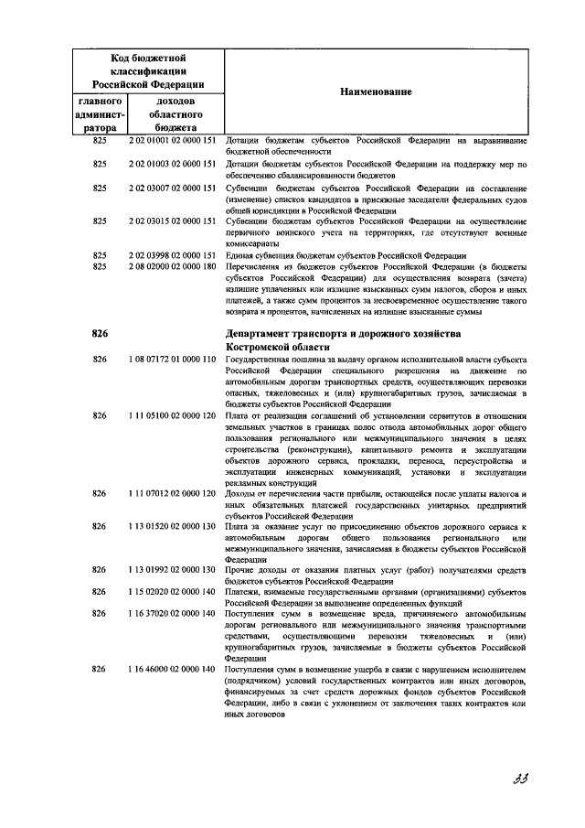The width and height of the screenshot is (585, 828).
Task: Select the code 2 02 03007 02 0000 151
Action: [x=172, y=187]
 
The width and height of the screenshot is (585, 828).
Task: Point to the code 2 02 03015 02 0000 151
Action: [x=172, y=220]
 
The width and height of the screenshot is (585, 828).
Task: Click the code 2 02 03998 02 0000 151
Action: [x=172, y=254]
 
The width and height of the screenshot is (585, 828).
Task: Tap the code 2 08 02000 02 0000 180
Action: [x=172, y=266]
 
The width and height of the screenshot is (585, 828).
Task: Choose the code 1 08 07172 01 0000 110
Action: [x=172, y=360]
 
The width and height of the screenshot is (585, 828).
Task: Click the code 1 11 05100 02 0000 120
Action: [x=172, y=415]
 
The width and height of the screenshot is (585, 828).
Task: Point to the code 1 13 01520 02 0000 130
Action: [x=172, y=528]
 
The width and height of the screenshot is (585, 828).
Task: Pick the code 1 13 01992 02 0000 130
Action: [x=172, y=569]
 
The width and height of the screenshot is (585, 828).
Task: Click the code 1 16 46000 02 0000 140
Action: [x=172, y=671]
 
